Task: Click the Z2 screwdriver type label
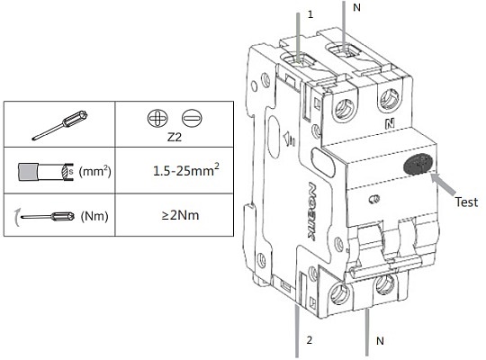[x=175, y=137]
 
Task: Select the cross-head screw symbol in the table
[x=157, y=118]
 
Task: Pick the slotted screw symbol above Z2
[x=192, y=118]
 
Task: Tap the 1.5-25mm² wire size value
[x=186, y=170]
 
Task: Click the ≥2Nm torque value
[x=180, y=215]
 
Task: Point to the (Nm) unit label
[x=94, y=216]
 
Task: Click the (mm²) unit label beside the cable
[x=94, y=171]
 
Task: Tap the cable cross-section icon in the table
[x=46, y=172]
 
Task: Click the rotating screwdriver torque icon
[x=45, y=216]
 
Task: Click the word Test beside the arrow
[x=466, y=202]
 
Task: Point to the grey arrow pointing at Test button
[x=444, y=184]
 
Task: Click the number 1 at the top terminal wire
[x=310, y=14]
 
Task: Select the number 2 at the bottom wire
[x=310, y=340]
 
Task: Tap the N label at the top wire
[x=356, y=7]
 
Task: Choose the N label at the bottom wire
[x=380, y=341]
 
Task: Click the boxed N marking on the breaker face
[x=390, y=124]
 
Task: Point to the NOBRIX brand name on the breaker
[x=313, y=212]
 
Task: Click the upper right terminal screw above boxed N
[x=390, y=99]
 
